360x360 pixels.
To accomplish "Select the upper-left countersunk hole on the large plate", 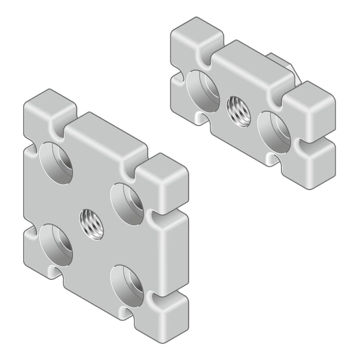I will [56, 163].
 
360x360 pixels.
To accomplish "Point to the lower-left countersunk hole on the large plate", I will [56, 245].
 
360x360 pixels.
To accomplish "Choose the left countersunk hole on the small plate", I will [203, 91].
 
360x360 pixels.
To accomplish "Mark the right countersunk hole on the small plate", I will [274, 131].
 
